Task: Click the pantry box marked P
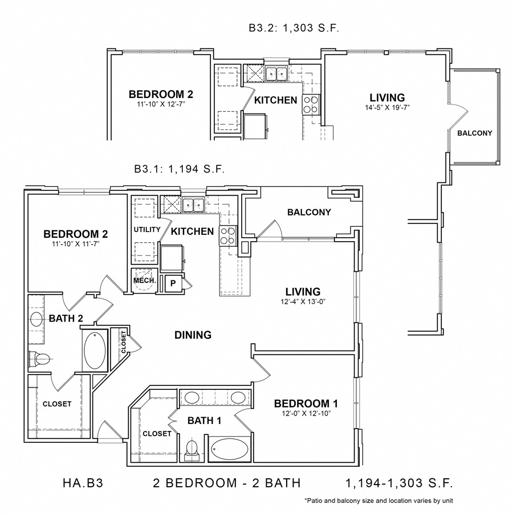(172, 283)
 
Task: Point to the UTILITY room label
(144, 230)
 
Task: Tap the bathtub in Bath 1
(230, 450)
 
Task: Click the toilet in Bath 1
(192, 449)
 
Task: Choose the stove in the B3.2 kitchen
(311, 104)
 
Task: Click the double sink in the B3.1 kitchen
(194, 204)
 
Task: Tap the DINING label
(193, 335)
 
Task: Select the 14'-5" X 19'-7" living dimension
(387, 107)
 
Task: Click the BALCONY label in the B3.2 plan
(474, 133)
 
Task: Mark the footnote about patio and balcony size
(378, 501)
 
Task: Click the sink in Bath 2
(36, 319)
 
